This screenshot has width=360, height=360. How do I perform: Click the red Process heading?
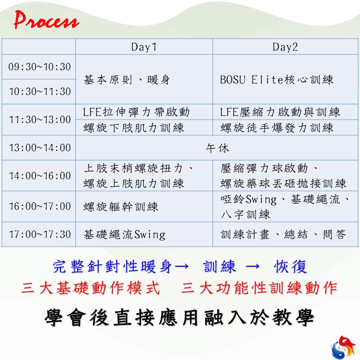(47, 20)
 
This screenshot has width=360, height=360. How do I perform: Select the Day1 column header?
(144, 47)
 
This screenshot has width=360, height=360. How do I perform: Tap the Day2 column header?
(285, 47)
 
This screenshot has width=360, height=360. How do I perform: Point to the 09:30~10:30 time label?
(40, 67)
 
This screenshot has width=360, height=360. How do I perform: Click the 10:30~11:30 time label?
(40, 91)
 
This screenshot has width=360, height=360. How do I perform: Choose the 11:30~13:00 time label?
(40, 120)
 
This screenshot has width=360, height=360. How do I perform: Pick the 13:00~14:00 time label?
(40, 148)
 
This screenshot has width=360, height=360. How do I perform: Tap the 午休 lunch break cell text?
(217, 148)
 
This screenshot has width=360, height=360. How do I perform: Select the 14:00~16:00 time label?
(40, 176)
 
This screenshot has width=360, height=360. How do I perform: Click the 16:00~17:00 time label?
(40, 206)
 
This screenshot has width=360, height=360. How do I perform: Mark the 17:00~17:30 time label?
(40, 234)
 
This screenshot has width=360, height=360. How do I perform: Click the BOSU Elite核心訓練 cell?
(277, 80)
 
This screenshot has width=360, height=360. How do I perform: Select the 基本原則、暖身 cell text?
(127, 80)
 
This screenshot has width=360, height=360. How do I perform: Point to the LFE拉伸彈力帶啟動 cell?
(136, 112)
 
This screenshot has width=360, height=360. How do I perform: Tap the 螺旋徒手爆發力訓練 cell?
(277, 128)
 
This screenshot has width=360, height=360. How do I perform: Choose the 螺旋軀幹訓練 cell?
(121, 207)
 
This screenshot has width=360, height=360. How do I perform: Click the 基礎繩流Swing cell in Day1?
(124, 235)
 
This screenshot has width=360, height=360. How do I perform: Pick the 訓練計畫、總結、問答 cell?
(283, 234)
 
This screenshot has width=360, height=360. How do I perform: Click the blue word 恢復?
(290, 267)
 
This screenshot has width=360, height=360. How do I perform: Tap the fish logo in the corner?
(343, 347)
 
